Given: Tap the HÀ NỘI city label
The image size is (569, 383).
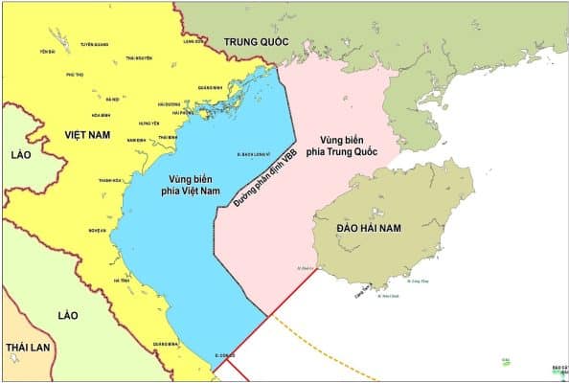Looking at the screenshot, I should click(113, 99).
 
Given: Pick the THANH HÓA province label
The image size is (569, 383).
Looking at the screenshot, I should click(110, 180).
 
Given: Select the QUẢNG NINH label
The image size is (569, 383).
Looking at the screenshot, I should click(211, 87).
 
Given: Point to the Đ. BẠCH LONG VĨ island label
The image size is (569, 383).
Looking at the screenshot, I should click(255, 153).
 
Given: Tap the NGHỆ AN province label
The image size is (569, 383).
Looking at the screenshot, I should click(96, 230).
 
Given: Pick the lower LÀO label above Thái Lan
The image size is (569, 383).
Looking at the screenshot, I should click(67, 314).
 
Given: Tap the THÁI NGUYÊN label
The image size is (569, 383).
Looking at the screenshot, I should click(139, 59).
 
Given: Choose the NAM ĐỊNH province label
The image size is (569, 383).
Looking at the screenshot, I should click(137, 140).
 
